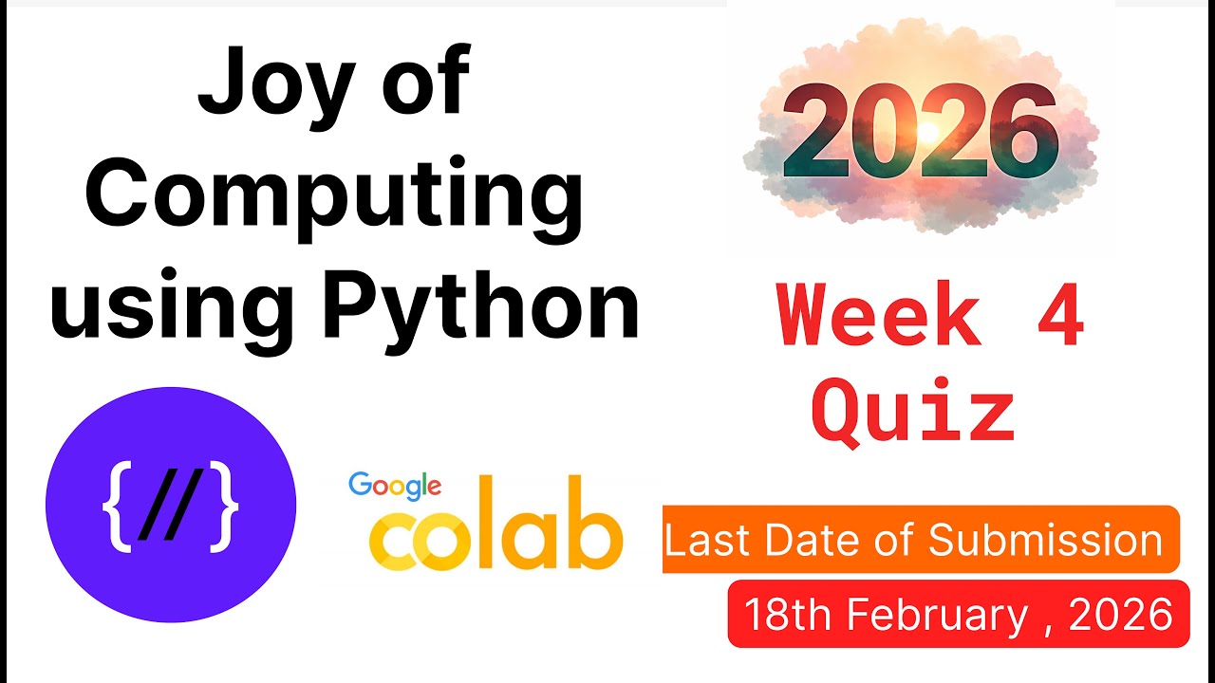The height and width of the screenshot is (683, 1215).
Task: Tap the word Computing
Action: click(333, 194)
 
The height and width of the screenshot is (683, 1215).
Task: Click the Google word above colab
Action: click(395, 486)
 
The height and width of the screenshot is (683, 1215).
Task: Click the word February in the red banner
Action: click(938, 616)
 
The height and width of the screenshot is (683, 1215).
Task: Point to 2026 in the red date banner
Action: click(1121, 616)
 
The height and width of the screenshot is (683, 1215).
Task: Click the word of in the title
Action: click(430, 83)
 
